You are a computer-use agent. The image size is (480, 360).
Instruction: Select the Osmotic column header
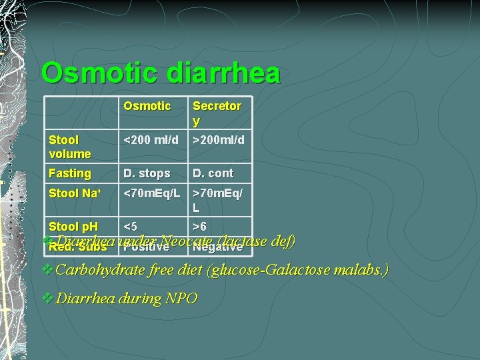147,106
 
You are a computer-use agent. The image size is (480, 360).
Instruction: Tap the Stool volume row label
69,147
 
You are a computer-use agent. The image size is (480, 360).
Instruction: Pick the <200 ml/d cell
151,140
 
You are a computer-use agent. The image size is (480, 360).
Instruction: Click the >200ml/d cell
219,140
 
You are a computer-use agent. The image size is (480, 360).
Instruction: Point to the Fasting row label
69,173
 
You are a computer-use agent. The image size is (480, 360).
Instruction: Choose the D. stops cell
147,173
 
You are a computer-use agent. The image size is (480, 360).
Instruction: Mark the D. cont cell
213,173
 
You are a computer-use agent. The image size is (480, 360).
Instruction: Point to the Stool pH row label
73,227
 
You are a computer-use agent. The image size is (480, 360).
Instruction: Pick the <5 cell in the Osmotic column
131,227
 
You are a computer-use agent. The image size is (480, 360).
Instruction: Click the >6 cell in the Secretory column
201,227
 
